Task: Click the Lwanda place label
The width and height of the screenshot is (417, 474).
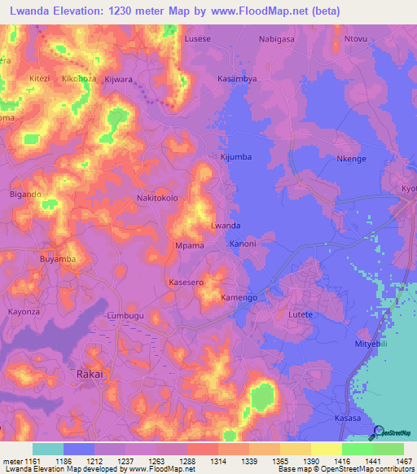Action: click(225, 225)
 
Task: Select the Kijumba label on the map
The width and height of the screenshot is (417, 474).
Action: click(236, 156)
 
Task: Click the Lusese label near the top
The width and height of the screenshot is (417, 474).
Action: click(200, 38)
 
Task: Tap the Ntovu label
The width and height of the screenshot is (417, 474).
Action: click(358, 38)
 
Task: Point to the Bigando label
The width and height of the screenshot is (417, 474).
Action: click(25, 195)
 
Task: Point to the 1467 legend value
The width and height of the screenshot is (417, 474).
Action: click(393, 461)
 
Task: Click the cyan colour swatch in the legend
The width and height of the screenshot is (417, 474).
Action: click(48, 449)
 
